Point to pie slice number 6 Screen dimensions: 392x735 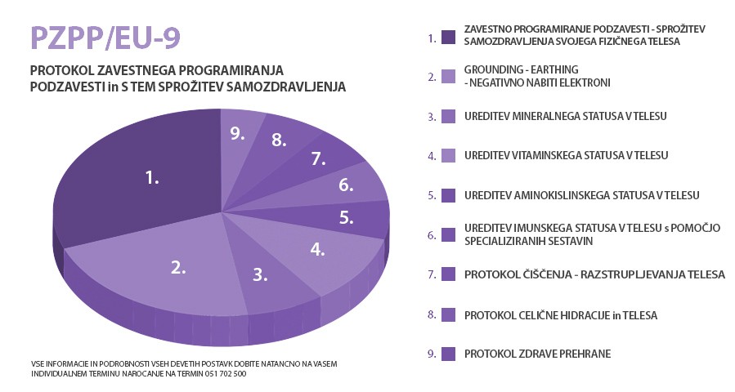(x=347, y=185)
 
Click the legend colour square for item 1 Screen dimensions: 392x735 (x=447, y=36)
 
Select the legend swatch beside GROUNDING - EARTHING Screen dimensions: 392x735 (x=447, y=77)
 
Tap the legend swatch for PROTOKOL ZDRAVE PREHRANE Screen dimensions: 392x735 (x=447, y=354)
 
